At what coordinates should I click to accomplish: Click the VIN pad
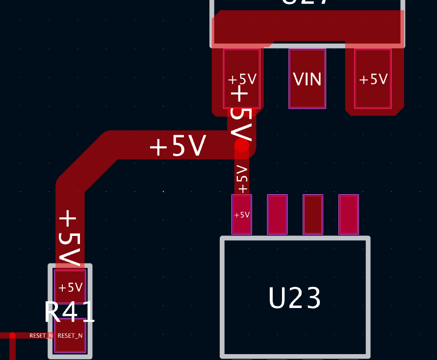pyautogui.click(x=307, y=78)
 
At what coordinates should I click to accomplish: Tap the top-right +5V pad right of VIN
pyautogui.click(x=373, y=78)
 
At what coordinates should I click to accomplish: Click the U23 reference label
pyautogui.click(x=295, y=298)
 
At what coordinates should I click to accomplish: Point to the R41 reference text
pyautogui.click(x=70, y=311)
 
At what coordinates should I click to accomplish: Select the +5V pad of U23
pyautogui.click(x=241, y=214)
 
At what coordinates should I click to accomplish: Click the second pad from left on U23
pyautogui.click(x=277, y=214)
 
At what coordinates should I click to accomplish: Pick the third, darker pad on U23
pyautogui.click(x=313, y=214)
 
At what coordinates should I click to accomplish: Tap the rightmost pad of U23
pyautogui.click(x=349, y=214)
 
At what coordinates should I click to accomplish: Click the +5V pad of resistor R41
pyautogui.click(x=70, y=286)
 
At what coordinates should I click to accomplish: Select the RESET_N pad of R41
pyautogui.click(x=70, y=335)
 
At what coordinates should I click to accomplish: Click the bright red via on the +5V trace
pyautogui.click(x=242, y=145)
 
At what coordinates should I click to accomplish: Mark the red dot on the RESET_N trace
pyautogui.click(x=12, y=336)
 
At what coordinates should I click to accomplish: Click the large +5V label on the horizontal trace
pyautogui.click(x=177, y=146)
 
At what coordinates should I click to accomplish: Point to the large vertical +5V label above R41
pyautogui.click(x=69, y=238)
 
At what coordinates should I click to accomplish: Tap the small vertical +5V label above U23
pyautogui.click(x=242, y=179)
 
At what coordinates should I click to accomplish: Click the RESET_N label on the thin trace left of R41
pyautogui.click(x=40, y=335)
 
